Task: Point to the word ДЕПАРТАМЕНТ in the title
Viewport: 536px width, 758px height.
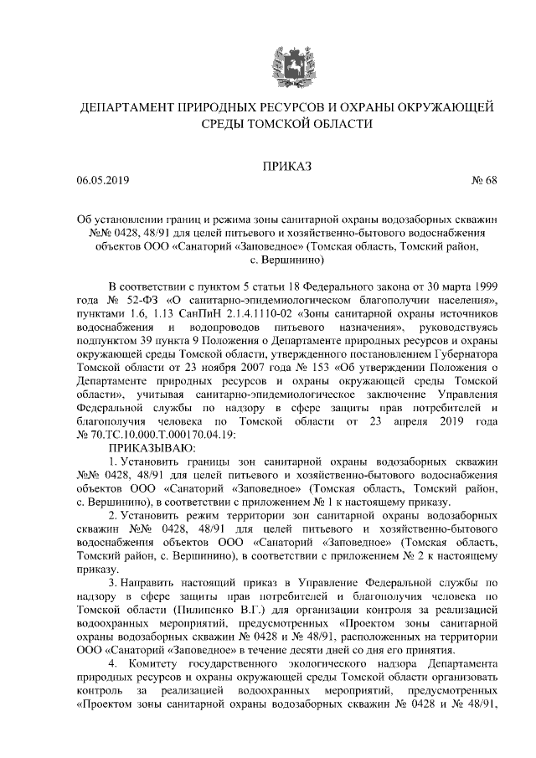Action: (x=126, y=108)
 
